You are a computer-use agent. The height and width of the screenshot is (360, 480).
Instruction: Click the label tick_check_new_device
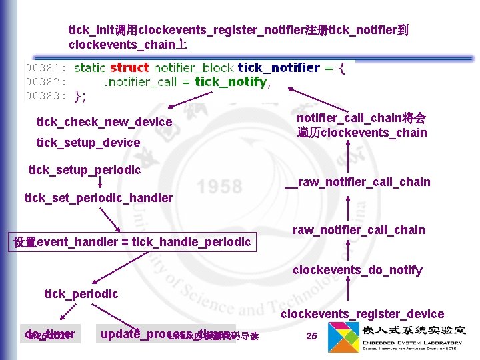pos(104,122)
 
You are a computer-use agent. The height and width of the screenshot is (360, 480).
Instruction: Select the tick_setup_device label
pos(88,143)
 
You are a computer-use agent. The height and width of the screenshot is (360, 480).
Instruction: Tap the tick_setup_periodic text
pos(85,170)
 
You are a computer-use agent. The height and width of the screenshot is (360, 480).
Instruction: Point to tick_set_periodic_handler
pos(98,198)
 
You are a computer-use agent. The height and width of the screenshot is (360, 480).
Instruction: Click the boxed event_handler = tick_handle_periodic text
pos(133,242)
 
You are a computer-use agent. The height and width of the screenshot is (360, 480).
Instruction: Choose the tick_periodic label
pos(81,294)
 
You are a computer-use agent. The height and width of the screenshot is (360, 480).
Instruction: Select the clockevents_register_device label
pos(362,314)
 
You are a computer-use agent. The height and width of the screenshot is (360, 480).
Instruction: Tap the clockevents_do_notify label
pos(357,270)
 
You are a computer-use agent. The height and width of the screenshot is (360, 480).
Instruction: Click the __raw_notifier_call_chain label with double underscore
pos(357,182)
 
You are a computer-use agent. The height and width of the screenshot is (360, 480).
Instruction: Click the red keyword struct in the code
pos(129,67)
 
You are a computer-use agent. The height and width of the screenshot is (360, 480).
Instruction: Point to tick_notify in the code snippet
pos(231,82)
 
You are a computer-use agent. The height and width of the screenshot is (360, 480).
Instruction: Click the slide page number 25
pos(311,336)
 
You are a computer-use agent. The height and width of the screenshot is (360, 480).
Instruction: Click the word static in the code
pos(90,67)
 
